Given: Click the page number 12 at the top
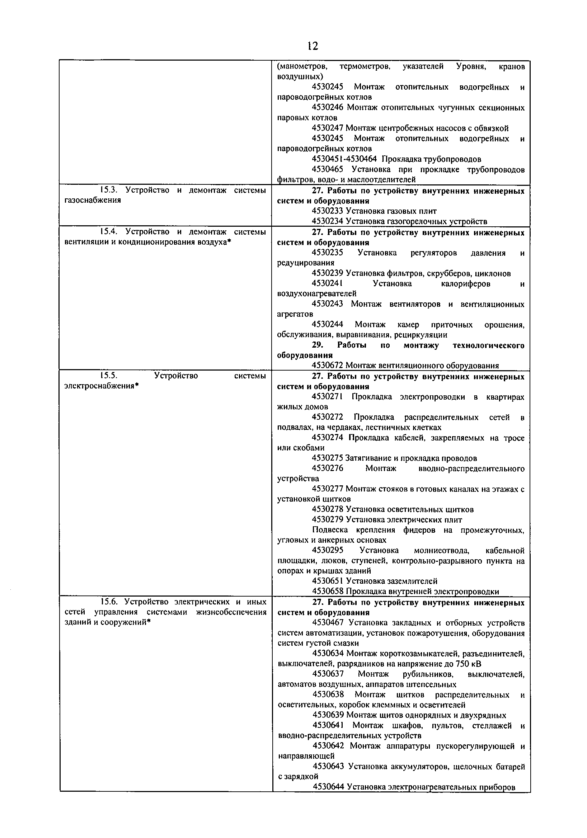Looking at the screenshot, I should pyautogui.click(x=313, y=46).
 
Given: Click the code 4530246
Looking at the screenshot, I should pyautogui.click(x=328, y=108).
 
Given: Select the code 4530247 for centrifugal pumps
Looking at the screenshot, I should pyautogui.click(x=328, y=128).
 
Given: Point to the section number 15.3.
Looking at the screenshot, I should pyautogui.click(x=108, y=190).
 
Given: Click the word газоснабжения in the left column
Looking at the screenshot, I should pyautogui.click(x=92, y=201).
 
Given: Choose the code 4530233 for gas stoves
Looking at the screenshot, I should pyautogui.click(x=328, y=211).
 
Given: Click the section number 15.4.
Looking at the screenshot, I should pyautogui.click(x=108, y=232).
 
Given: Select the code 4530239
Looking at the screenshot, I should pyautogui.click(x=328, y=273).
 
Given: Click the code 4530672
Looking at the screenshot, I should pyautogui.click(x=328, y=365).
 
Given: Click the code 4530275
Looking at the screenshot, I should pyautogui.click(x=328, y=458).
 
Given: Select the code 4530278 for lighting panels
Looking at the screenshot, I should pyautogui.click(x=328, y=509).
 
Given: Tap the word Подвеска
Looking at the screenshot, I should pyautogui.click(x=330, y=530).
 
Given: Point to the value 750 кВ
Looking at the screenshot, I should pyautogui.click(x=468, y=664).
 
